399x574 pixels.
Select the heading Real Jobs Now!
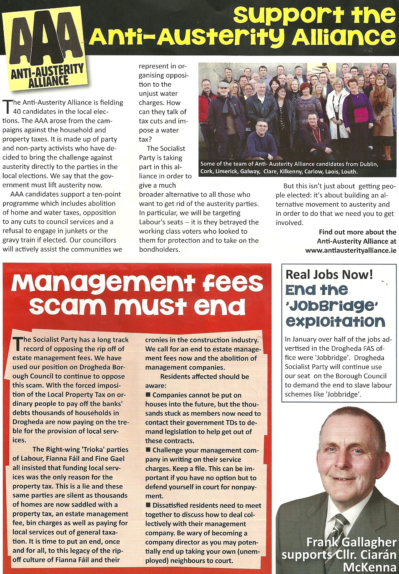pos(329,275)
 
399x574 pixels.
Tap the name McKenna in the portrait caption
pos(369,567)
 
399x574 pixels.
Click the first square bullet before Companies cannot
pos(148,394)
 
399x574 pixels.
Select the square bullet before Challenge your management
pos(148,450)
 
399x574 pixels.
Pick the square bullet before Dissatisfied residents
pos(148,505)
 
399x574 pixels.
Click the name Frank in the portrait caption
pos(321,542)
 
